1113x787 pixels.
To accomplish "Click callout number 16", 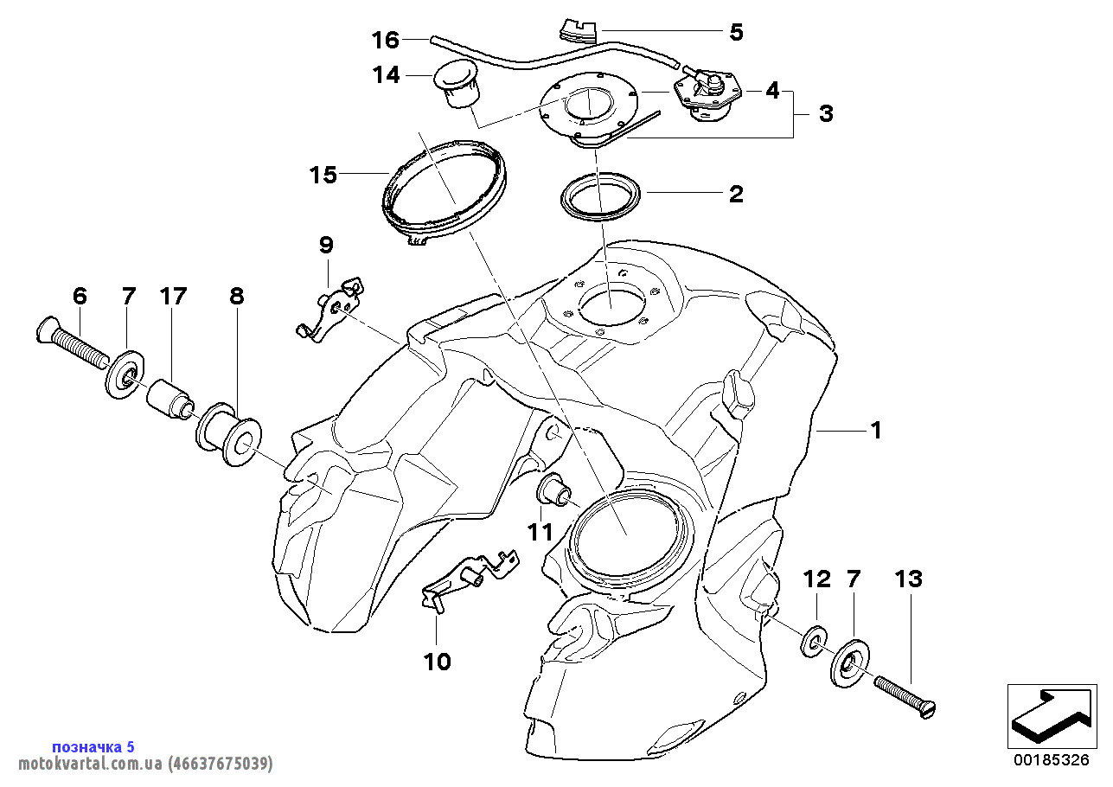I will click(x=386, y=40).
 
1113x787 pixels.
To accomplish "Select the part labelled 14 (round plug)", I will click(x=455, y=84).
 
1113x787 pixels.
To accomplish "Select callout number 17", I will click(x=173, y=297).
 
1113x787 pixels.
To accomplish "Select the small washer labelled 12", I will click(x=812, y=643).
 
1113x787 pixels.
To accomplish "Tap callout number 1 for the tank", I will click(x=876, y=429).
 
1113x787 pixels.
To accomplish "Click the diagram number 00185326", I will click(x=1051, y=760).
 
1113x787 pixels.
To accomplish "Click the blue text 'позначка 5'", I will click(x=93, y=746).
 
